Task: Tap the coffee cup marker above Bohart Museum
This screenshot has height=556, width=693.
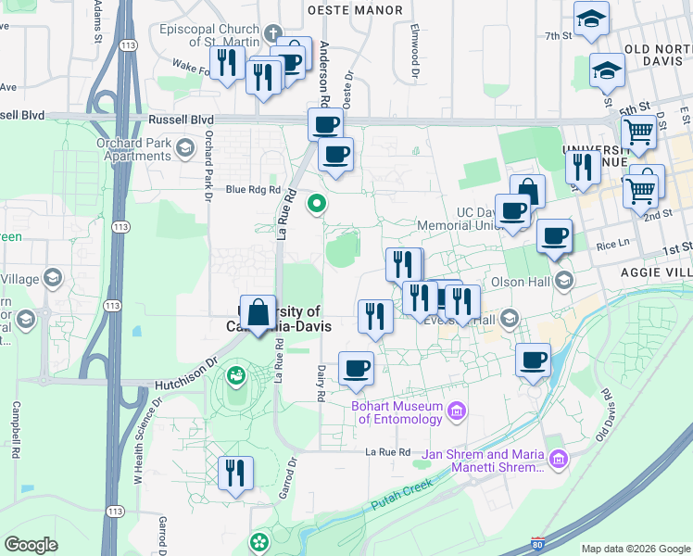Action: pyautogui.click(x=356, y=369)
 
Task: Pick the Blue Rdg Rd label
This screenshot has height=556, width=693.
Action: pyautogui.click(x=253, y=189)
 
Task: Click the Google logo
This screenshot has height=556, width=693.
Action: pyautogui.click(x=31, y=545)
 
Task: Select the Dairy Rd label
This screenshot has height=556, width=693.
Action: pyautogui.click(x=321, y=382)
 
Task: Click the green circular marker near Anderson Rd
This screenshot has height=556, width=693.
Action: pyautogui.click(x=317, y=202)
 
